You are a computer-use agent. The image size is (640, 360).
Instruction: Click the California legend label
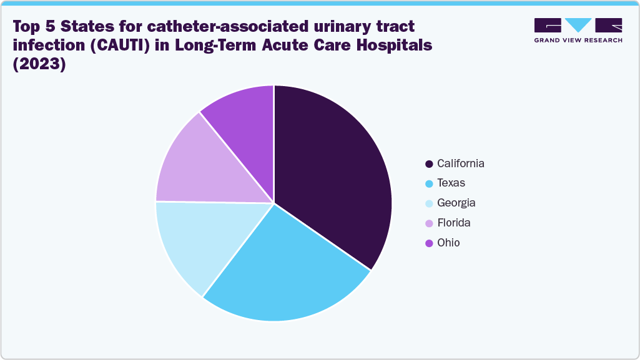tap(461, 163)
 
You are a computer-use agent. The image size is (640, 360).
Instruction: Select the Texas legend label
tap(451, 183)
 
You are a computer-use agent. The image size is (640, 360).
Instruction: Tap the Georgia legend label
tap(456, 203)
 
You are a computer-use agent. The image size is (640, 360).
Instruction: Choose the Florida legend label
tap(454, 223)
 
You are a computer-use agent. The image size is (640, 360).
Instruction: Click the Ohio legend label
tap(448, 243)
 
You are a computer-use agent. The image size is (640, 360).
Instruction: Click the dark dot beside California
tap(429, 164)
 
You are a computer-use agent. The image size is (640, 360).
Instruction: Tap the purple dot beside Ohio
tap(429, 243)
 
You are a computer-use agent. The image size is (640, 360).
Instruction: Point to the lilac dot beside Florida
tap(429, 223)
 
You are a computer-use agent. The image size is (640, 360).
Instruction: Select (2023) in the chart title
tap(39, 64)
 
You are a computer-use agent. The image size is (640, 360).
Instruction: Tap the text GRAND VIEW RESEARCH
tap(578, 41)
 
